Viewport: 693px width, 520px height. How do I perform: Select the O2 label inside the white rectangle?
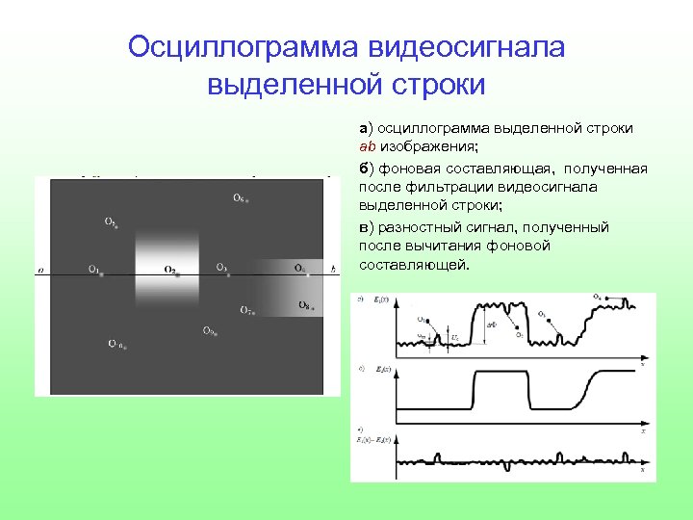click(x=169, y=271)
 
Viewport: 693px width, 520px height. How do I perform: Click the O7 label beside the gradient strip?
click(x=246, y=310)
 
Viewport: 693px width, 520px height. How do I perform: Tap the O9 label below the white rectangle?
click(x=208, y=331)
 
